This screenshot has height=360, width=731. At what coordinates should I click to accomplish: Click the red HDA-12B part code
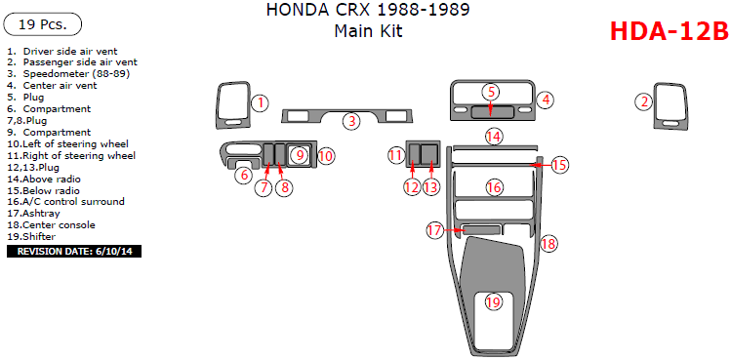669,32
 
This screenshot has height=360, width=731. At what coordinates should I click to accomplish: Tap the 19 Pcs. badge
42,24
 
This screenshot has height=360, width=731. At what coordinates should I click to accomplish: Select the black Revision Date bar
74,252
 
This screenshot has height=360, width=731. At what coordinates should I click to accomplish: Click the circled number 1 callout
261,103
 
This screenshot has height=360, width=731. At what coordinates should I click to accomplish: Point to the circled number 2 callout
644,101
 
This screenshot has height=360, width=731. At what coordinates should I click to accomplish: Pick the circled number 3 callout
352,121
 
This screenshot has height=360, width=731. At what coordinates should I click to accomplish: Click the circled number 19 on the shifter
493,302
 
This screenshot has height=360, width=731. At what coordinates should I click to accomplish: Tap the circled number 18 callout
549,244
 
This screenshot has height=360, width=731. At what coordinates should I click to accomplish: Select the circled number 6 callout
244,176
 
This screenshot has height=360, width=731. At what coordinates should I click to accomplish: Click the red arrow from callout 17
453,230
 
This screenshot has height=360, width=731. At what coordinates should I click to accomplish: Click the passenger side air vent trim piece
670,106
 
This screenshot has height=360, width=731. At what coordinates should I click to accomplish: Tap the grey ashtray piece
480,229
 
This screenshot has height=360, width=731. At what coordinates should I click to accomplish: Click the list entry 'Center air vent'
60,86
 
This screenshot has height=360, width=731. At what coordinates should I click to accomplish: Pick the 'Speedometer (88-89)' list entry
76,74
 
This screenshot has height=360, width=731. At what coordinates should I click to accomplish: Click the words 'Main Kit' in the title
368,31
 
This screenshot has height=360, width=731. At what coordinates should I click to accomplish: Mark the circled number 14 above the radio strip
494,137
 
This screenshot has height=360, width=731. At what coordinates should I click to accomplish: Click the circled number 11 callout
396,155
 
